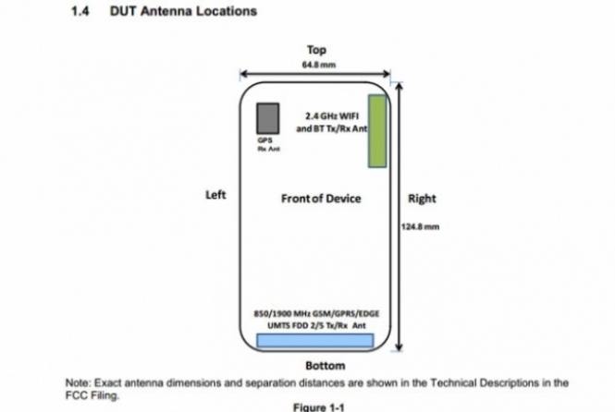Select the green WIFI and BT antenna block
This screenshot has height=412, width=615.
point(377,130)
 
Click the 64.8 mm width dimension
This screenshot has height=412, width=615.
point(316,65)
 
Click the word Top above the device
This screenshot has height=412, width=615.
point(317,50)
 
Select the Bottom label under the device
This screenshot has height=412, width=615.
point(318,366)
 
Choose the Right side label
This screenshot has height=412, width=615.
point(421,199)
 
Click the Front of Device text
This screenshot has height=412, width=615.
point(320,199)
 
